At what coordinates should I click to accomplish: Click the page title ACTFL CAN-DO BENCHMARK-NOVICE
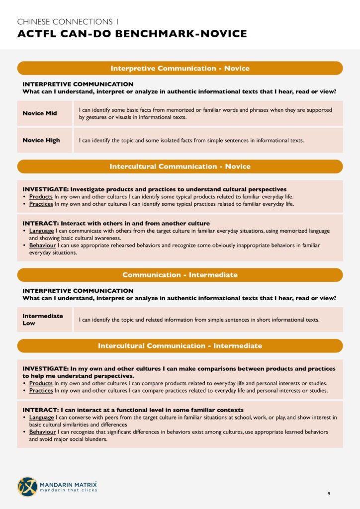click(132, 34)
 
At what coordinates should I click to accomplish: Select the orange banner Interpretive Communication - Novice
click(180, 68)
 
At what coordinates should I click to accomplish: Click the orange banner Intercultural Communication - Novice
click(180, 167)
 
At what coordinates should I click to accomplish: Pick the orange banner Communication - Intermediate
click(180, 275)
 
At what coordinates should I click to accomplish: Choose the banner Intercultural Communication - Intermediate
click(180, 345)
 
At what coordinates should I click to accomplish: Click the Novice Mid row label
click(40, 113)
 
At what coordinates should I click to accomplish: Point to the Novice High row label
click(41, 140)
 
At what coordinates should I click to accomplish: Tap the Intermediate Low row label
click(43, 320)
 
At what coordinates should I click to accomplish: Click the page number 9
click(329, 494)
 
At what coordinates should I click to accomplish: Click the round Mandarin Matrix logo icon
click(27, 487)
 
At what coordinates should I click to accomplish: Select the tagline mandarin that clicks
click(69, 490)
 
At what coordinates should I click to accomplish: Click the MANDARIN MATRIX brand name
click(69, 483)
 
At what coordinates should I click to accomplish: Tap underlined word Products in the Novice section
click(41, 197)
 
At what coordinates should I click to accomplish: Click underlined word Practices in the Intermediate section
click(41, 391)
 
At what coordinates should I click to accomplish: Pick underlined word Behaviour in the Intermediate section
click(42, 432)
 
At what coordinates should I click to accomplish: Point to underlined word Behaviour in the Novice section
click(42, 246)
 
